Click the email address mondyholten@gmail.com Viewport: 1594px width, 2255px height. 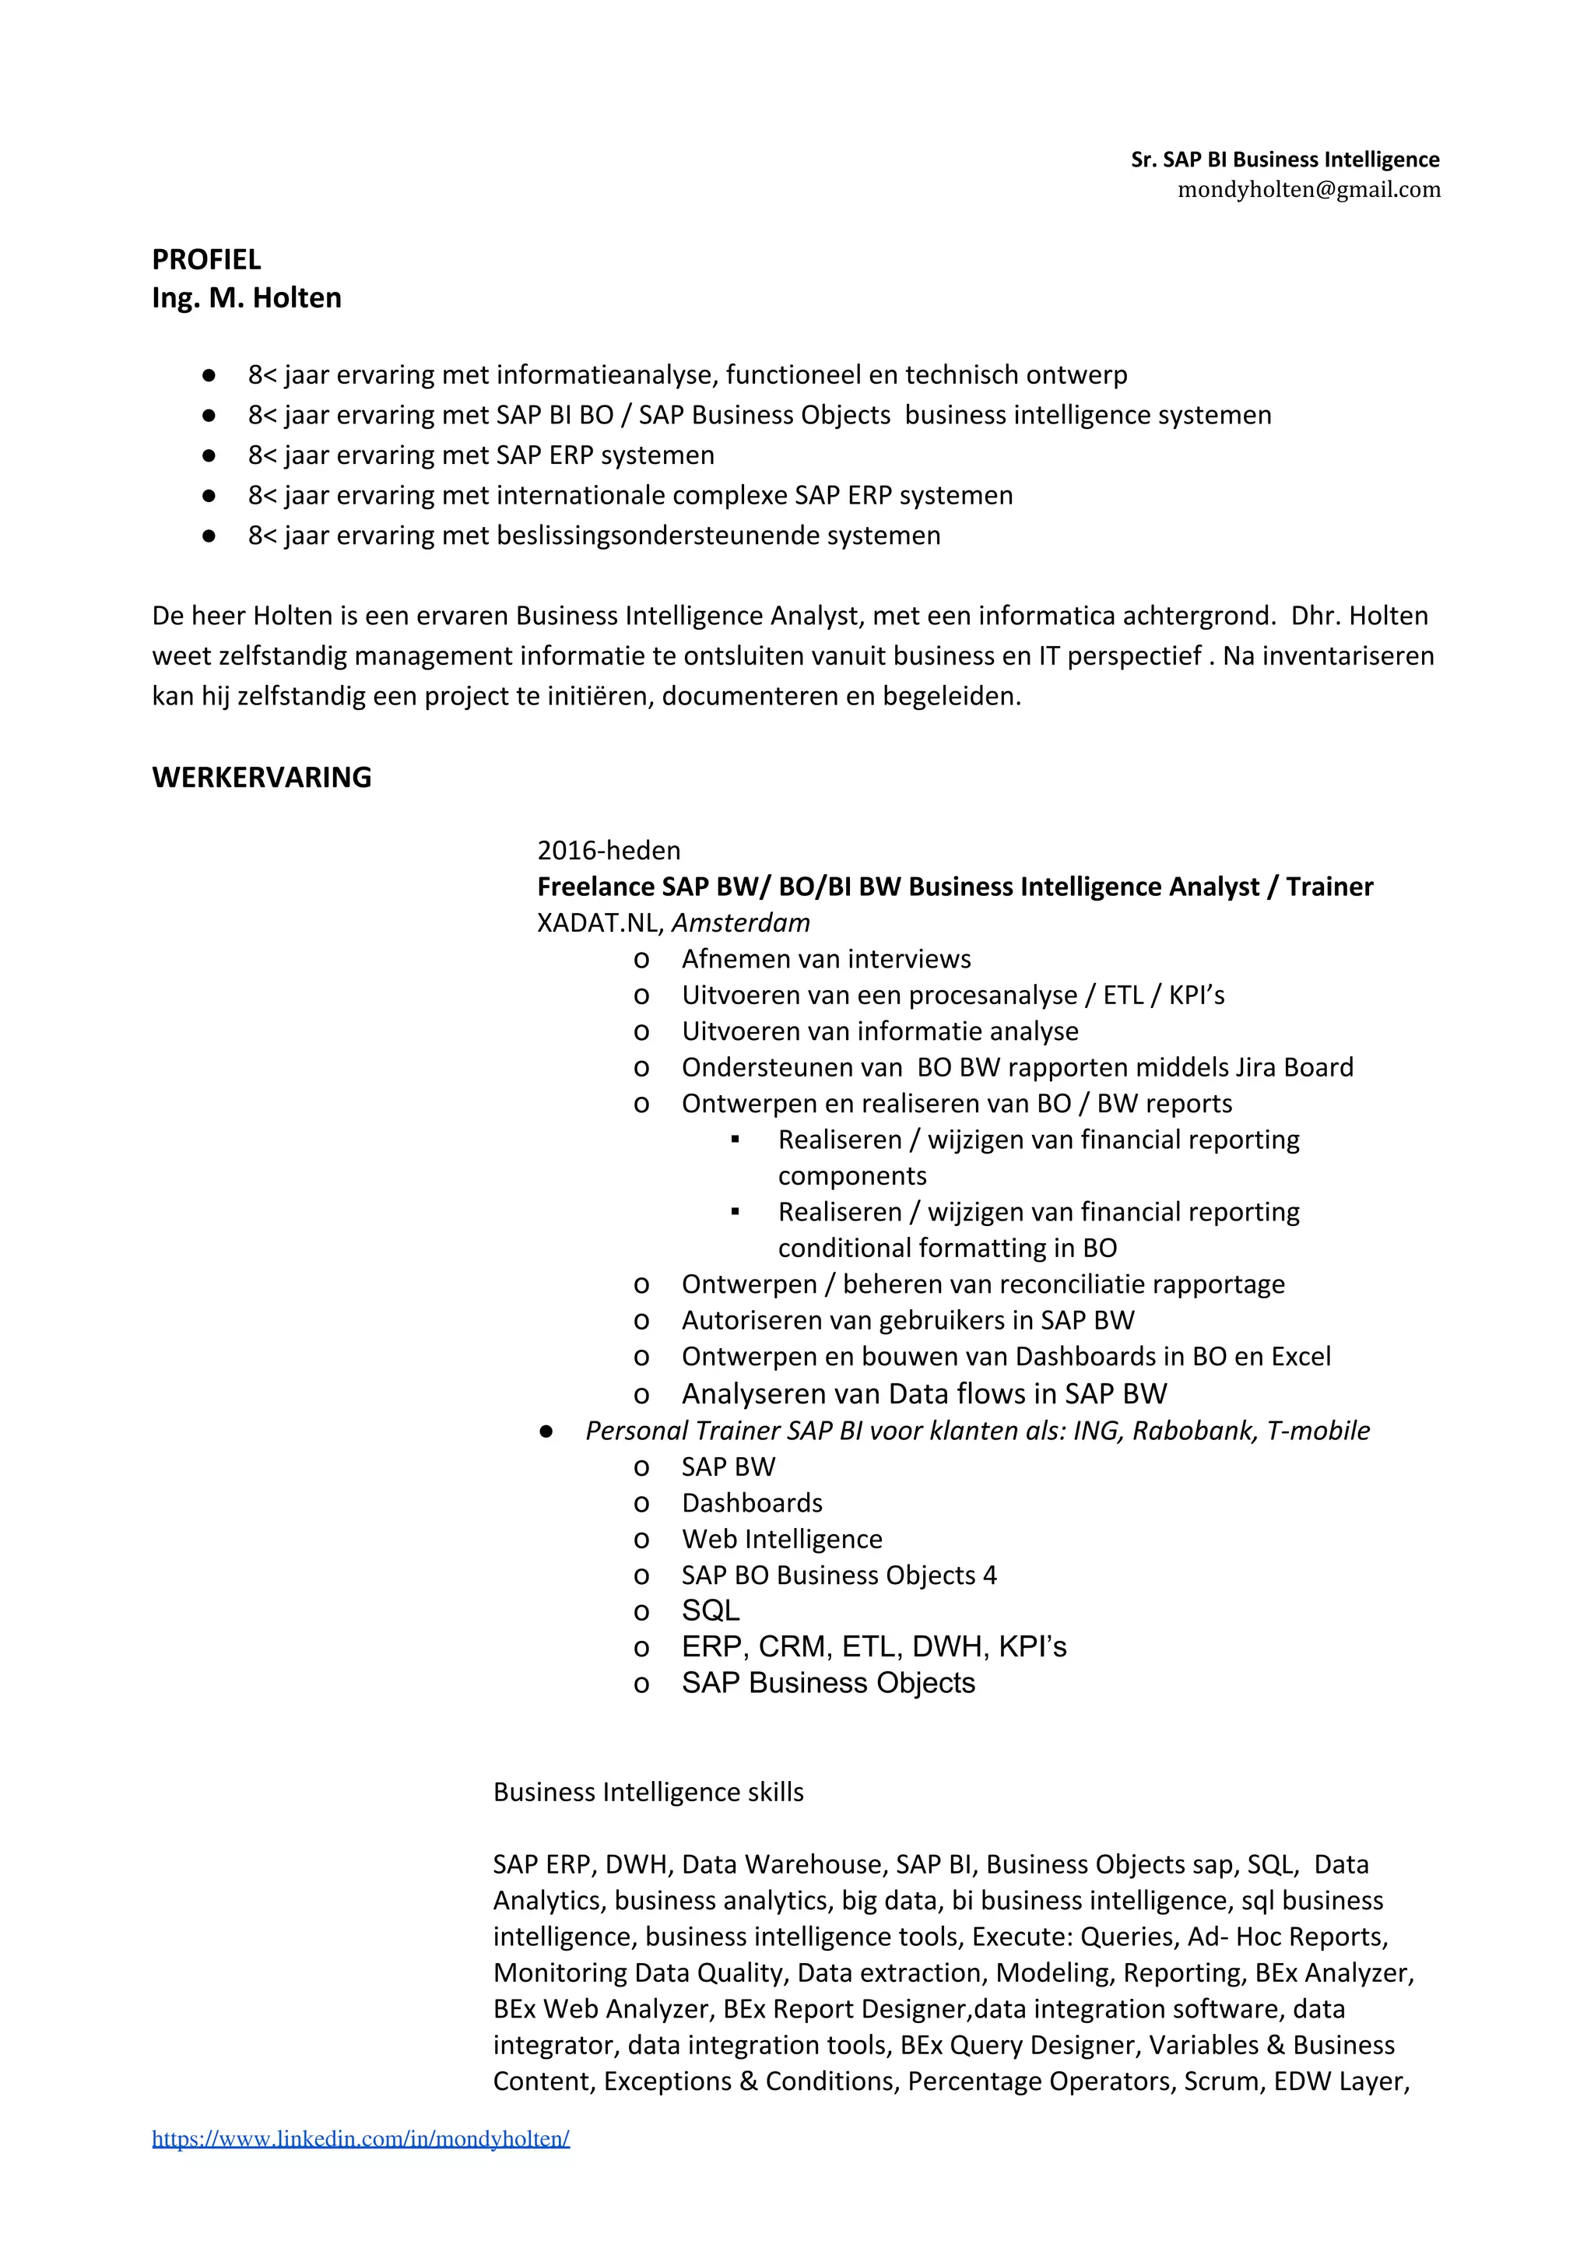pos(1308,190)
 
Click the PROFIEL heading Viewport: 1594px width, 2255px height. pos(206,259)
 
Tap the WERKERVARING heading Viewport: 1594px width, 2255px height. pos(262,777)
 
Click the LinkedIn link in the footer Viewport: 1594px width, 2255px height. pos(360,2138)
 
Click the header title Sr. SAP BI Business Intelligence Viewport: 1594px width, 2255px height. pos(1285,159)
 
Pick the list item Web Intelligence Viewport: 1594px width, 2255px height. pos(781,1539)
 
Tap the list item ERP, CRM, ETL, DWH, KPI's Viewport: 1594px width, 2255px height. pos(873,1647)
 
